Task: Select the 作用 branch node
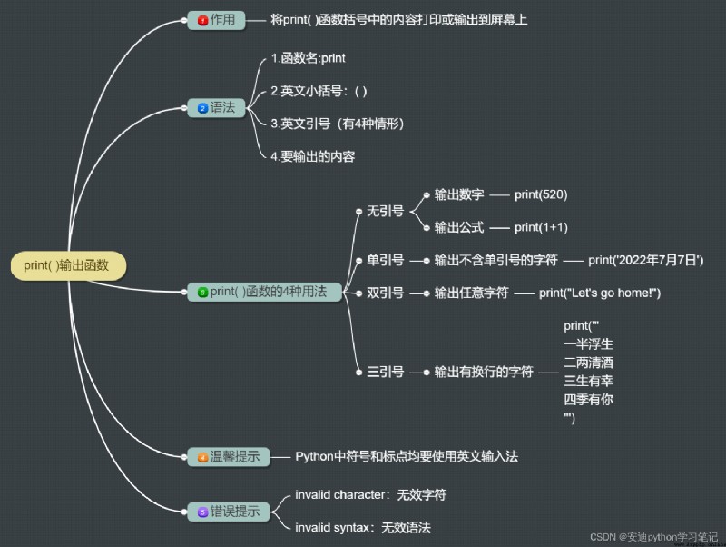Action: coord(216,20)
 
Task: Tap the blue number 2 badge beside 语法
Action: coord(202,108)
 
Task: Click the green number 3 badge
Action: coord(202,292)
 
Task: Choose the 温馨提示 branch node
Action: coord(229,457)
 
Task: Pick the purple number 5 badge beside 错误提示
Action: coord(202,512)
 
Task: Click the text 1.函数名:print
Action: coord(309,58)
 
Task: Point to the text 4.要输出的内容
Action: coord(313,156)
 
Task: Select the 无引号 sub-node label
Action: coord(385,212)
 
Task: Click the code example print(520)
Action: coord(541,194)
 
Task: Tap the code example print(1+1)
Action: coord(541,227)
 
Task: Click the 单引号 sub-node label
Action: coord(385,261)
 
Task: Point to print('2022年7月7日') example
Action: coord(646,261)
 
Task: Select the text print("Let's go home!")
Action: coord(600,293)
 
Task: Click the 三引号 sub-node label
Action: coord(385,372)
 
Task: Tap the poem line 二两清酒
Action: coord(588,363)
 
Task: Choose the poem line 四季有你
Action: coord(588,399)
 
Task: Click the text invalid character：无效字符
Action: coord(371,495)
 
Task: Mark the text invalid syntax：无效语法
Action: coord(363,528)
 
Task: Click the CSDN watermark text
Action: coord(653,537)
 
